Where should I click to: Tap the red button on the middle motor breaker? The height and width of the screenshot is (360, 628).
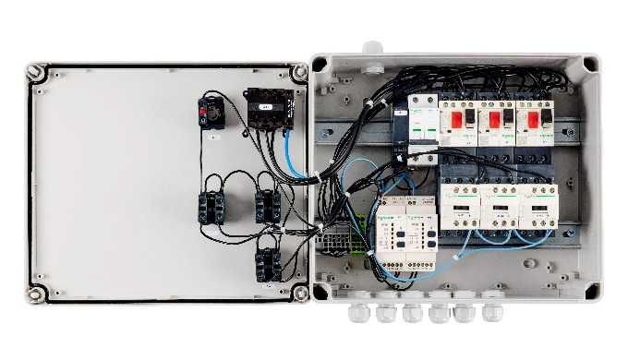(x=495, y=119)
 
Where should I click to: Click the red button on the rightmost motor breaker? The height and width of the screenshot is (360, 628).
(x=533, y=119)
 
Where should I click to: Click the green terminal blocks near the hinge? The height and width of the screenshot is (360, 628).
(x=332, y=244)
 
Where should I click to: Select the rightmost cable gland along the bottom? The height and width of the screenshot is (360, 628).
(x=490, y=312)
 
